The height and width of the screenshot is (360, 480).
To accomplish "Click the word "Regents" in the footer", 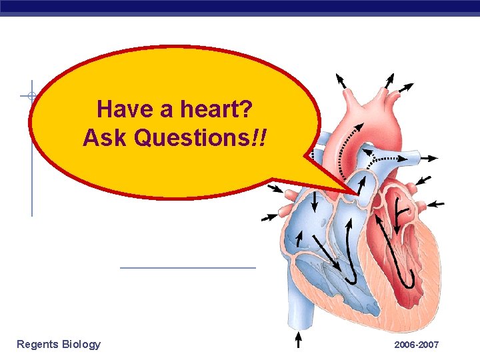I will (x=38, y=344).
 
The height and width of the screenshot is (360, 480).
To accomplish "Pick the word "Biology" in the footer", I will (x=81, y=344).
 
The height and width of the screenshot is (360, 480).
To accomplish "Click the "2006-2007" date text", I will (x=416, y=345).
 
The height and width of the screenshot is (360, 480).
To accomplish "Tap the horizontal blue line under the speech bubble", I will (x=188, y=268).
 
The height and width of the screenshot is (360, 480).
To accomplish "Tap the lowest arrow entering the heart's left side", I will (x=269, y=217).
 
